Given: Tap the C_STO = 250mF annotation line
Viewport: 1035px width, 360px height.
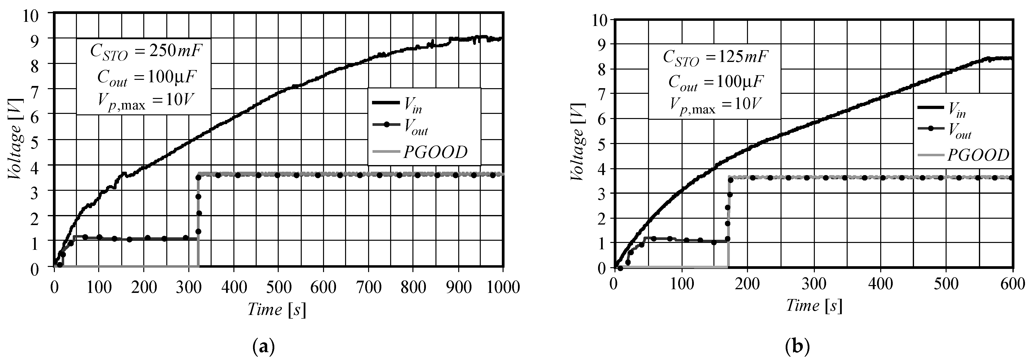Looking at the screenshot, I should click(146, 52).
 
